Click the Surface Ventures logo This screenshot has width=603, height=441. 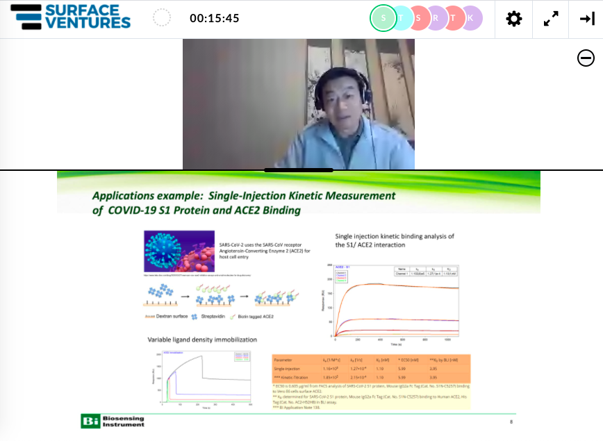(x=70, y=17)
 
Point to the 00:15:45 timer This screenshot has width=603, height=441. (x=214, y=19)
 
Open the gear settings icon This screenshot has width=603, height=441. (x=514, y=19)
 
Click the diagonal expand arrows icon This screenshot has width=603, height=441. (x=551, y=19)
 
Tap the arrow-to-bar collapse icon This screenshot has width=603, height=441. (x=587, y=19)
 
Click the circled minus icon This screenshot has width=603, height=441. (x=586, y=58)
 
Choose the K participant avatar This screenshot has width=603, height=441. (x=470, y=18)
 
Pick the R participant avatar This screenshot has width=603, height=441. (x=436, y=18)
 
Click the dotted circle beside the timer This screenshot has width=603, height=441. (x=161, y=18)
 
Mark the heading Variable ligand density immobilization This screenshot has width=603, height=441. (x=202, y=340)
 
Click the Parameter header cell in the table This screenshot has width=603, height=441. (x=286, y=360)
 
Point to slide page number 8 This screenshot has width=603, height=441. (x=511, y=422)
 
